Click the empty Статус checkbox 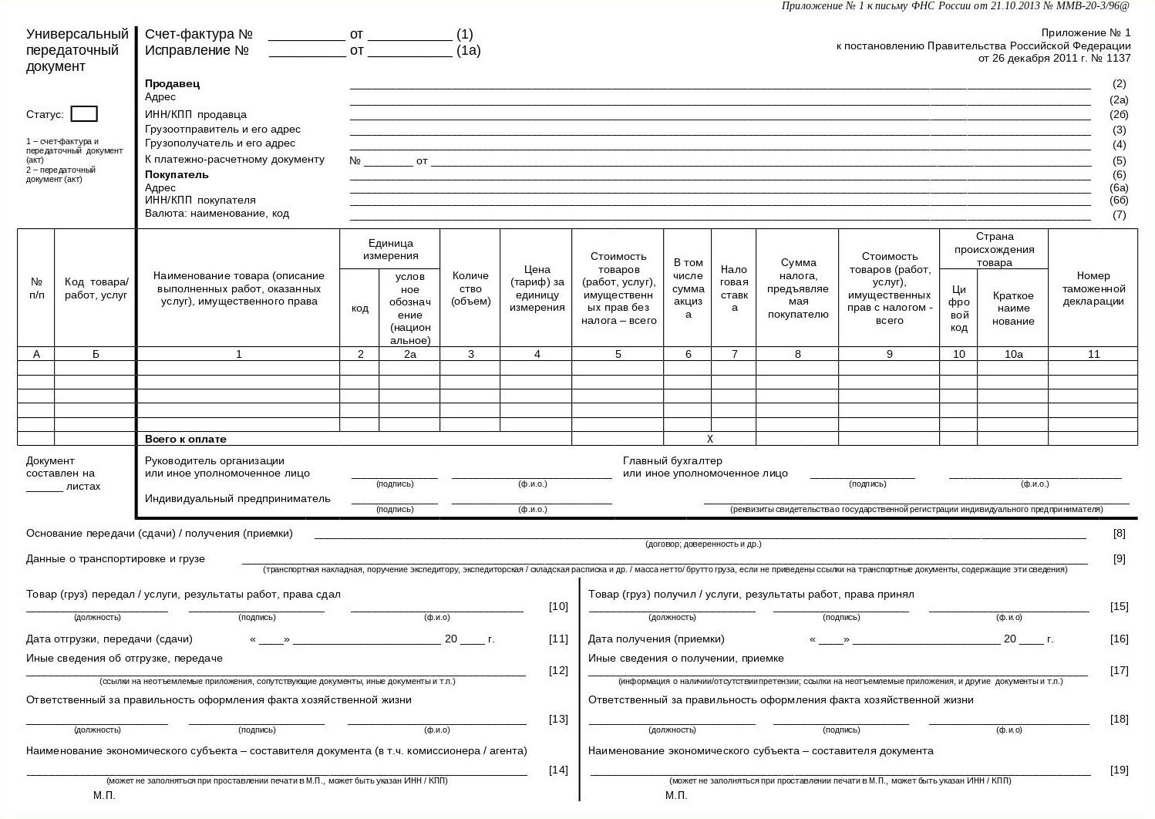tap(84, 114)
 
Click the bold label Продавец tap(172, 83)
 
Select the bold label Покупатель tap(177, 174)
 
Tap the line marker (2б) tap(1119, 115)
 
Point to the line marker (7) tap(1120, 215)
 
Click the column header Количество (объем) tap(470, 288)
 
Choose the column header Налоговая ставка tap(734, 288)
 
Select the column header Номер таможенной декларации tap(1093, 288)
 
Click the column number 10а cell tap(1012, 354)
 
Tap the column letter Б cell tap(96, 354)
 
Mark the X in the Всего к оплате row tap(710, 439)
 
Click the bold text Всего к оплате tap(186, 439)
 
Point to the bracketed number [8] tap(1119, 533)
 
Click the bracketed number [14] tap(558, 770)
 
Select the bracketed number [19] tap(1119, 770)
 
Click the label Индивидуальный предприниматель tap(237, 498)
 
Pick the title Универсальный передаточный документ tap(76, 50)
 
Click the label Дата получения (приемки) tap(656, 639)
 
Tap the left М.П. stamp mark tap(104, 795)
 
